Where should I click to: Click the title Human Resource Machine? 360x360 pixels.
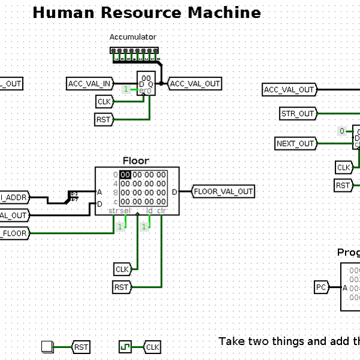point(146,13)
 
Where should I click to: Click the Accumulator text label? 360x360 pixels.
point(133,37)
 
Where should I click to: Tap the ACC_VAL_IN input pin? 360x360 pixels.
point(89,84)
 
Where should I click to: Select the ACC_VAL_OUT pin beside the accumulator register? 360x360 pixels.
point(194,84)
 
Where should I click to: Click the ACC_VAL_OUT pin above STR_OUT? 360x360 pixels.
point(289,90)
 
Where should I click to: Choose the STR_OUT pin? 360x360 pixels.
point(298,113)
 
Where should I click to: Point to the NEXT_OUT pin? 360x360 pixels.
point(296,143)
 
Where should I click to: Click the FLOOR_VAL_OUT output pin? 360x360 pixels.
point(223,192)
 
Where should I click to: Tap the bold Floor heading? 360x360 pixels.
point(136,161)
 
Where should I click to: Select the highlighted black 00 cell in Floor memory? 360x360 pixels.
point(125,175)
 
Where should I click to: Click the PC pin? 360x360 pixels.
point(322,287)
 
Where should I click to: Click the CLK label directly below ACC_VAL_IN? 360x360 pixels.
point(104,102)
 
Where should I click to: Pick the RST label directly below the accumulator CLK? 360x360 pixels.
point(104,120)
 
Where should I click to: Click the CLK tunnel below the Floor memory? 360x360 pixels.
point(122,269)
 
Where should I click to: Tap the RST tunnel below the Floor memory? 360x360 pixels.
point(122,287)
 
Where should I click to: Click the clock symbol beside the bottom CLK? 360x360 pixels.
point(125,347)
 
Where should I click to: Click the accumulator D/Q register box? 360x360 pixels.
point(146,84)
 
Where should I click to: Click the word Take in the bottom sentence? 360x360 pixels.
point(230,341)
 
